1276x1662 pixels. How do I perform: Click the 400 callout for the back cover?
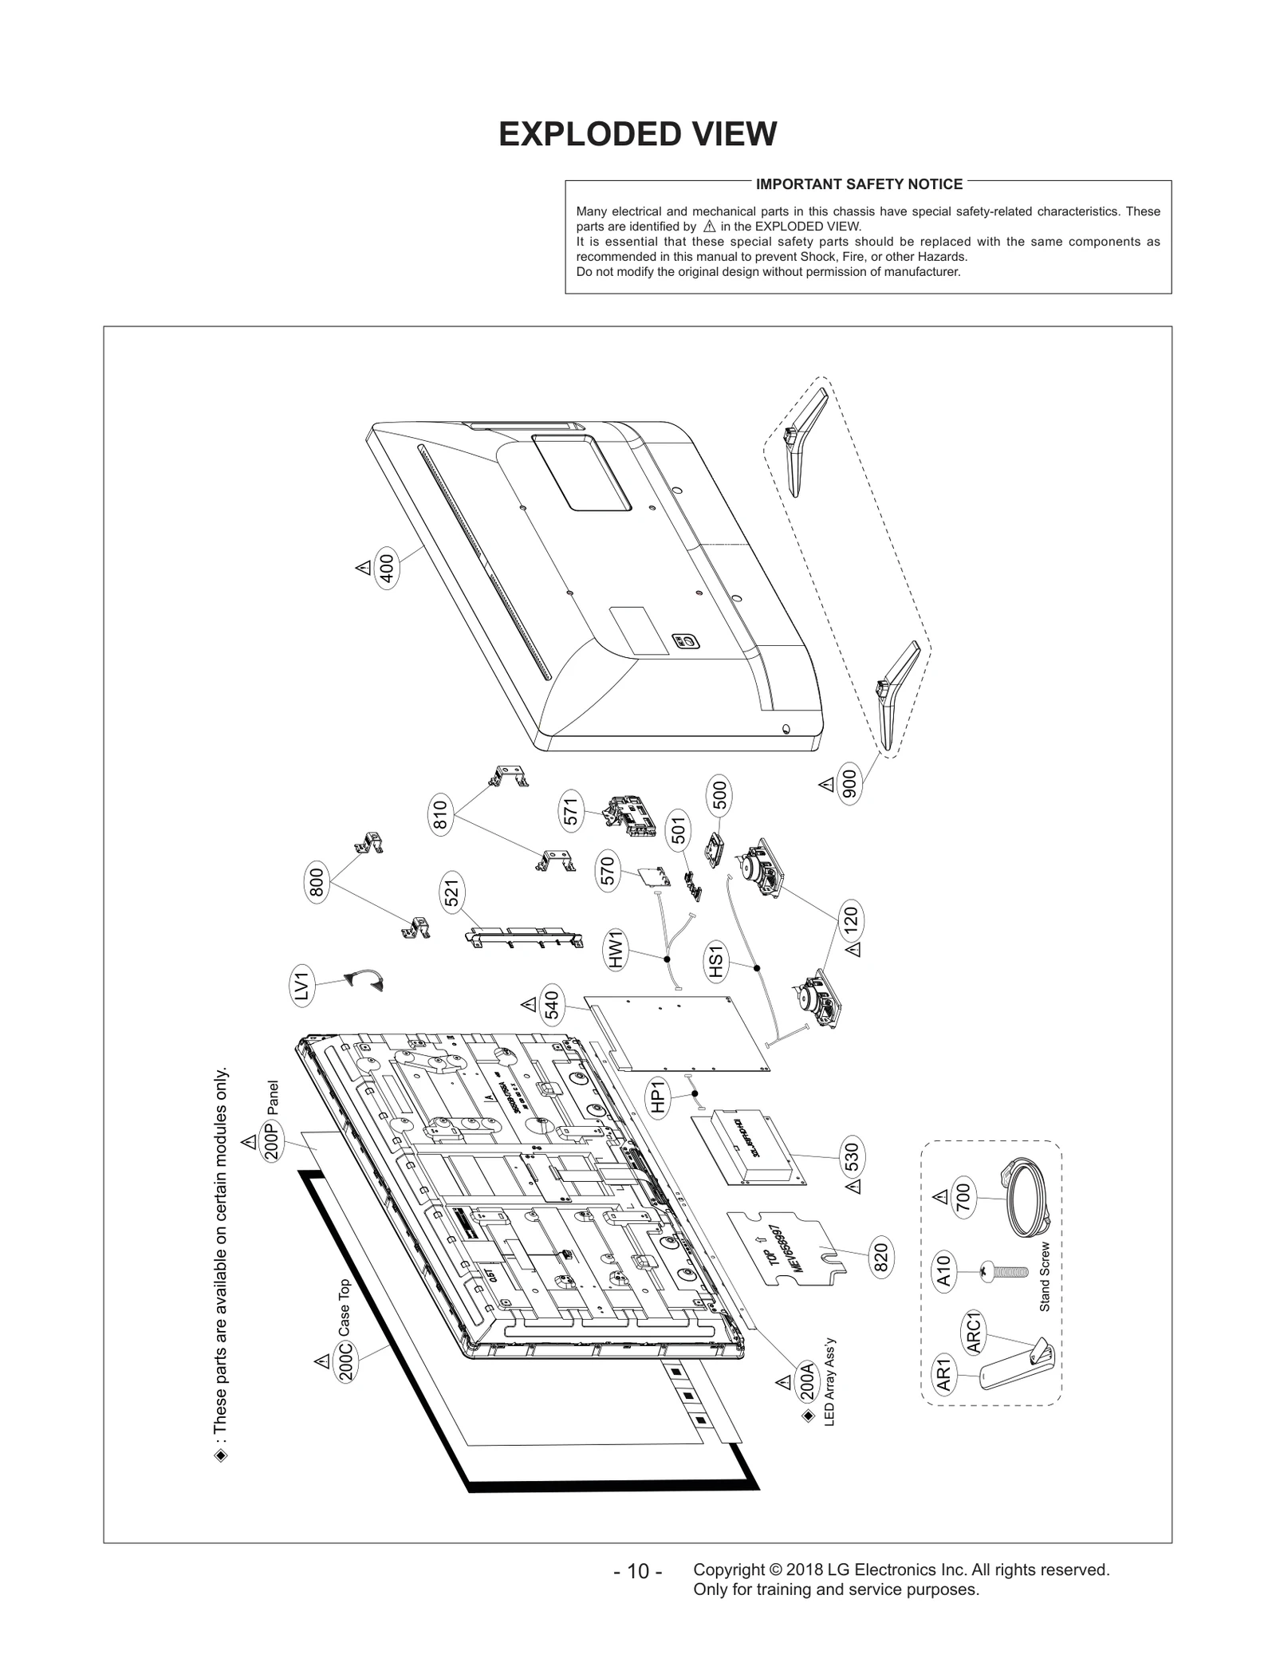(387, 569)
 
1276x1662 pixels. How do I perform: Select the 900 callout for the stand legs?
(849, 786)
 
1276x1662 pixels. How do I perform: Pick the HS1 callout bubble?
(715, 960)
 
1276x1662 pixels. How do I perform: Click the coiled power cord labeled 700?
(1025, 1199)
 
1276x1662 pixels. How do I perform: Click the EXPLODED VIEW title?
(637, 134)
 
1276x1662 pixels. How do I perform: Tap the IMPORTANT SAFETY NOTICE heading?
(859, 184)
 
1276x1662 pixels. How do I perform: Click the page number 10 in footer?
(637, 1572)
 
